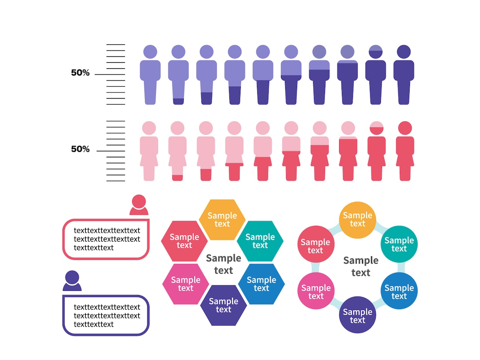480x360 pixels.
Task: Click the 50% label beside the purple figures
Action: click(x=80, y=72)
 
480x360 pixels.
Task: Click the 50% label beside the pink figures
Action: click(x=80, y=149)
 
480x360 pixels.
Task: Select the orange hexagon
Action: click(x=222, y=220)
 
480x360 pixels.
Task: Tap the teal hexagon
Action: click(x=260, y=241)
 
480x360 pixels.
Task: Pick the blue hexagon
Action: click(x=261, y=284)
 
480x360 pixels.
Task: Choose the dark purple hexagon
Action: click(x=223, y=305)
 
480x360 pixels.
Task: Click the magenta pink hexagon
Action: click(x=186, y=284)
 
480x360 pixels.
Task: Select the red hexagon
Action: click(x=185, y=241)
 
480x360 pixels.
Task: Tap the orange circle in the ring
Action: click(x=357, y=220)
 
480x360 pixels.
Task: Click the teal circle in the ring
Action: click(x=399, y=244)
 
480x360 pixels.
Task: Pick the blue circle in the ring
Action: click(x=399, y=291)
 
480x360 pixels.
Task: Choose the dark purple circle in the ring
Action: click(x=357, y=315)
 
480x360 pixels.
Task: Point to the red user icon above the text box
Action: click(x=139, y=205)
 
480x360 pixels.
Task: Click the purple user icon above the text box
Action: click(x=72, y=281)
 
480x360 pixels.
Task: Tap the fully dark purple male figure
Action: click(x=403, y=75)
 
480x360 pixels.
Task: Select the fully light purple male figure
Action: click(x=150, y=75)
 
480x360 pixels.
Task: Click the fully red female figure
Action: click(x=405, y=151)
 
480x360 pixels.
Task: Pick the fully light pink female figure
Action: click(x=149, y=151)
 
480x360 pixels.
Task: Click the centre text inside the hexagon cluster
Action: click(x=223, y=264)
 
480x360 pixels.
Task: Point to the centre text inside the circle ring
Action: click(x=361, y=266)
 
